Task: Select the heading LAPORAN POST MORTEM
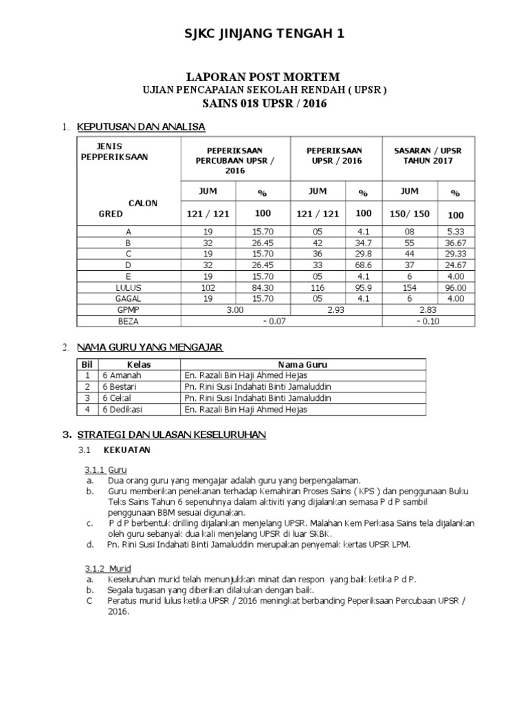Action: tap(265, 77)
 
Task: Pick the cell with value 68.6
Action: tap(364, 264)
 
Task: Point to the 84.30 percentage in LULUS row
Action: tap(263, 287)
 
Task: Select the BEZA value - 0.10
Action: tap(428, 321)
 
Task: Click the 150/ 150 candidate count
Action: tap(410, 214)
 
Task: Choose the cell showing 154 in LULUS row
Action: tap(410, 287)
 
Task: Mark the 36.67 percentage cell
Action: tap(456, 242)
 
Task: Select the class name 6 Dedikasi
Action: tap(122, 409)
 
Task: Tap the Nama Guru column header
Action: tap(302, 364)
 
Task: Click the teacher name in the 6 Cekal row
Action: tap(257, 398)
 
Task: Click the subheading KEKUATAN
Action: tap(126, 450)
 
